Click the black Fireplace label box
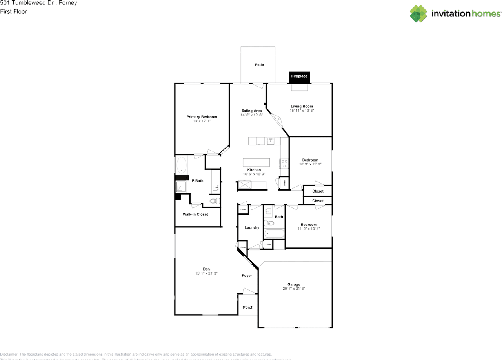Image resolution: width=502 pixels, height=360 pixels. pos(299,76)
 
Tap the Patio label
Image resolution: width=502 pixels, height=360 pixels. pos(259,65)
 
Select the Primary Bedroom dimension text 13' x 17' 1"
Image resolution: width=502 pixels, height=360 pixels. pos(202,122)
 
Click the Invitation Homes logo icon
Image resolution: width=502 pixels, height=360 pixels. pos(418,14)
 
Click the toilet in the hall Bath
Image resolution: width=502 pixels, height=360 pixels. pos(269,223)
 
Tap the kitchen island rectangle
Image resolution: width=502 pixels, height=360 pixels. pos(256,162)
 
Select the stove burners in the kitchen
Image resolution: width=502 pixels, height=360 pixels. pos(284,164)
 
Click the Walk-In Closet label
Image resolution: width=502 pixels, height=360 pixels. pos(195,215)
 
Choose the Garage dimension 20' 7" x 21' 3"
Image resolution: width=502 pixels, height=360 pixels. pos(294,289)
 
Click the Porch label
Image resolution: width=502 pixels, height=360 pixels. pos(248,307)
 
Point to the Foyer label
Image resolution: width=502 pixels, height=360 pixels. pos(247,276)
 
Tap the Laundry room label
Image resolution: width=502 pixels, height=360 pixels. pos(252,227)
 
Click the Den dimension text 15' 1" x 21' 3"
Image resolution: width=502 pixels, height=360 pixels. pos(206,273)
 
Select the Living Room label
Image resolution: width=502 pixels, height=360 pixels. pos(302,106)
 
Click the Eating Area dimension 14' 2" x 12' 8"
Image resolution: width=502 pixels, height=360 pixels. pos(251,115)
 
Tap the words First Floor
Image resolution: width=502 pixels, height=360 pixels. pos(14,12)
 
